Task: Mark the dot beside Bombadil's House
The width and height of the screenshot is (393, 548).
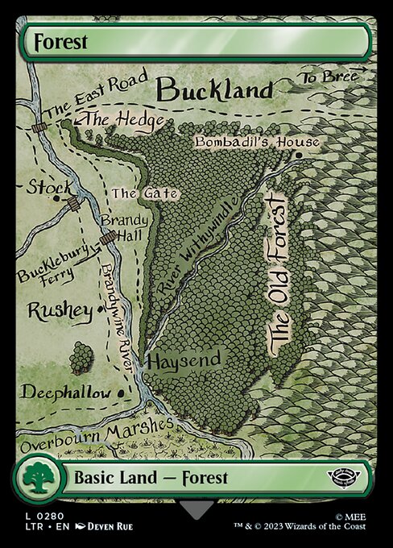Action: click(298, 155)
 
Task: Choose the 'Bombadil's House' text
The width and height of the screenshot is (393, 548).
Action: click(257, 143)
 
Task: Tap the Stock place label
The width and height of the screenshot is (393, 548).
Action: click(48, 187)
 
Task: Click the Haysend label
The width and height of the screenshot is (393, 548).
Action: click(184, 360)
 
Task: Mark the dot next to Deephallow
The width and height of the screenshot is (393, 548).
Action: click(122, 392)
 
